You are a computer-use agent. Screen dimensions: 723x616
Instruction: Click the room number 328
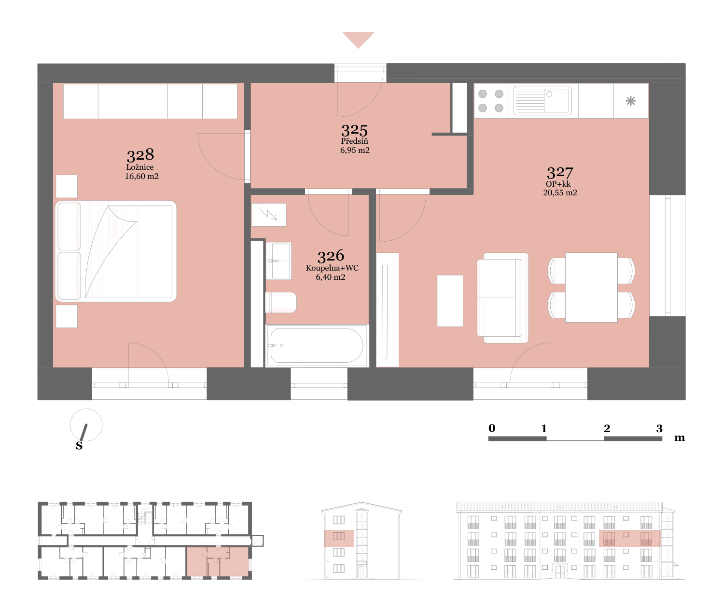[x=140, y=155]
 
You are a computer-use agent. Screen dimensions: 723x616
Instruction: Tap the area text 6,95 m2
[x=355, y=151]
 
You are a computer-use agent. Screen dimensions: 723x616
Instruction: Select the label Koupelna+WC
[x=332, y=268]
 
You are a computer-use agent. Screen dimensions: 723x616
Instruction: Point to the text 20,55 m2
[x=560, y=192]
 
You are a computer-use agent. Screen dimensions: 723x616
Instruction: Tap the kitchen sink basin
[x=556, y=101]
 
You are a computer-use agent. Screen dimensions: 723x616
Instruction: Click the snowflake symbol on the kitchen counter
[x=630, y=101]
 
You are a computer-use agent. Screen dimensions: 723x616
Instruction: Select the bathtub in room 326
[x=317, y=345]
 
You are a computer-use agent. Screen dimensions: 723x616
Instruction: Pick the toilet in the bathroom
[x=281, y=302]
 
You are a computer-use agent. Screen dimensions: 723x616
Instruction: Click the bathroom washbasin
[x=279, y=261]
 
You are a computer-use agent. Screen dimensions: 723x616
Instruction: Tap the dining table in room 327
[x=591, y=287]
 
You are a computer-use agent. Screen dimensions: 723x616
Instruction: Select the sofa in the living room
[x=502, y=298]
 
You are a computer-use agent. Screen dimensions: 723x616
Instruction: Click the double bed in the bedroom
[x=116, y=251]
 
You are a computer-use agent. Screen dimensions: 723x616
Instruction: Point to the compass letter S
[x=79, y=446]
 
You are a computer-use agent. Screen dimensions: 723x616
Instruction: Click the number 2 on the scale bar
[x=607, y=428]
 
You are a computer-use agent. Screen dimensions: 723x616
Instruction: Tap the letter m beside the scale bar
[x=679, y=438]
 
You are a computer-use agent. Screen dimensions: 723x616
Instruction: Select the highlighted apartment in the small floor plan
[x=217, y=562]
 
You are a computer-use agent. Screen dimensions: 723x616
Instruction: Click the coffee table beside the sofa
[x=450, y=301]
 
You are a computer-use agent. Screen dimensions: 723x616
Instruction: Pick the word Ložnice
[x=140, y=167]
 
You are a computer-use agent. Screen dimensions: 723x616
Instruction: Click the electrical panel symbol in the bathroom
[x=269, y=215]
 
